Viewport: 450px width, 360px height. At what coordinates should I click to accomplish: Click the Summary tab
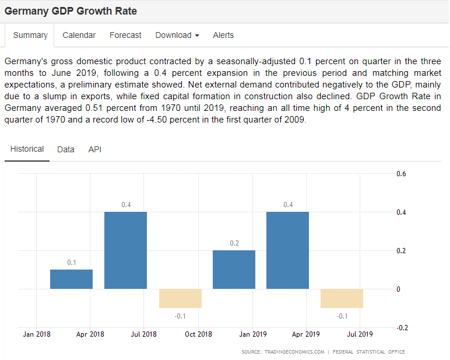(x=30, y=35)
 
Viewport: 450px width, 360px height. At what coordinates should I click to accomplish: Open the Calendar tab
(x=79, y=35)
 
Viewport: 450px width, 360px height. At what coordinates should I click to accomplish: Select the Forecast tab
(x=125, y=35)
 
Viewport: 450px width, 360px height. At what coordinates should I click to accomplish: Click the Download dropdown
(x=177, y=35)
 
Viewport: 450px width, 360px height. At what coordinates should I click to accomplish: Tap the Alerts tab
(x=223, y=35)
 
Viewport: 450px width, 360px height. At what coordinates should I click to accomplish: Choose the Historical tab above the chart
(x=27, y=149)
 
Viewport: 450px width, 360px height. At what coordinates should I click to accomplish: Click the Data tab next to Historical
(x=66, y=149)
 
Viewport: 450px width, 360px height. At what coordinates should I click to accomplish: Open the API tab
(x=95, y=149)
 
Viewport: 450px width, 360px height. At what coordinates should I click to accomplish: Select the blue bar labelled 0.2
(x=234, y=269)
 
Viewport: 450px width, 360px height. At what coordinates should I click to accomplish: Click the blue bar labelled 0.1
(x=71, y=279)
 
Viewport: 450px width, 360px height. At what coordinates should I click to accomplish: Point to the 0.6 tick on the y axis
(x=401, y=174)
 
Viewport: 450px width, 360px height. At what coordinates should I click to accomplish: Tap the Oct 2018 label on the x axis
(x=198, y=334)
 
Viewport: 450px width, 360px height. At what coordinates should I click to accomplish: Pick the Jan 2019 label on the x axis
(x=253, y=334)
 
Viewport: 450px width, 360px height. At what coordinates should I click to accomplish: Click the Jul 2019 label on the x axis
(x=360, y=334)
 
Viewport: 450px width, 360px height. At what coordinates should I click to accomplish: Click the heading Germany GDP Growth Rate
(x=71, y=11)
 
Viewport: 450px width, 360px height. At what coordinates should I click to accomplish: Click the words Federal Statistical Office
(x=368, y=352)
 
